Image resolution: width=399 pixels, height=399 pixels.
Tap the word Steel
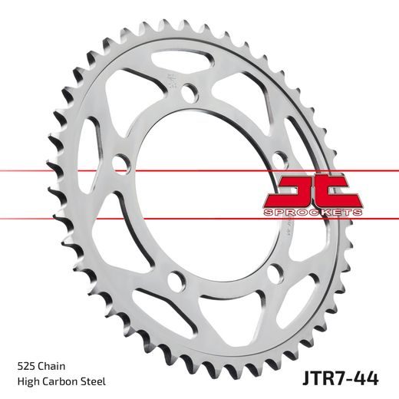click(96, 381)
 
